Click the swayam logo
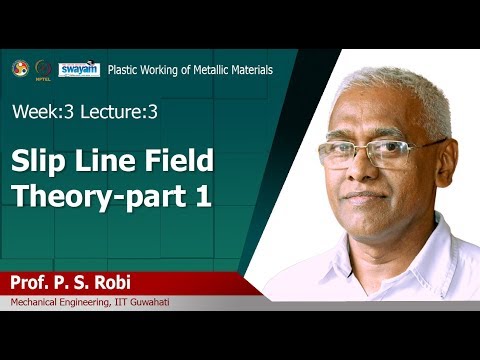(78, 69)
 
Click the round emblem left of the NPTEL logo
(20, 68)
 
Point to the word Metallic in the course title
(209, 70)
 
